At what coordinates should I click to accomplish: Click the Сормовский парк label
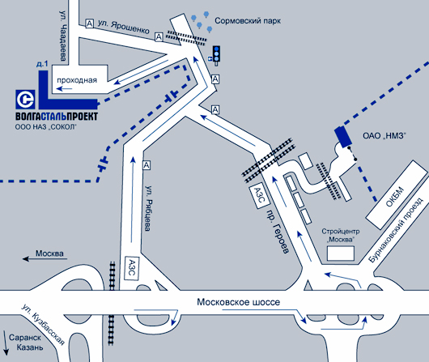click(248, 21)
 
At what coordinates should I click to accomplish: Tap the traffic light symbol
click(216, 55)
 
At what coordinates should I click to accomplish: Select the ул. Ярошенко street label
click(124, 27)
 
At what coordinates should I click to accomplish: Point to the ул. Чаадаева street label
click(63, 36)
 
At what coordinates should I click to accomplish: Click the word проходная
click(77, 80)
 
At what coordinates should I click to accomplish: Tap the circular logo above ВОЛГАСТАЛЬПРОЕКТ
click(25, 100)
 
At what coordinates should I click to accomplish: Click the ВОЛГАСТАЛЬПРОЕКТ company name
click(57, 117)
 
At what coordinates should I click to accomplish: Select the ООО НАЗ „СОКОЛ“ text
click(45, 127)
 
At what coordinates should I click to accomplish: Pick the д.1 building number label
click(42, 64)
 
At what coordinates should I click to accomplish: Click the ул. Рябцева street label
click(149, 208)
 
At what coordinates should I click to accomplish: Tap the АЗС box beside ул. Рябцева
click(132, 268)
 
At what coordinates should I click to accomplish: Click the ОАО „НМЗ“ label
click(384, 135)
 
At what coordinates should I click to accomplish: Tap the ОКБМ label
click(394, 197)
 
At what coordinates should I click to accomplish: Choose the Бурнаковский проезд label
click(396, 230)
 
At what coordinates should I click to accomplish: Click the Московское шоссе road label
click(239, 302)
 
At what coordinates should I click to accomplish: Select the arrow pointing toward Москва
click(45, 259)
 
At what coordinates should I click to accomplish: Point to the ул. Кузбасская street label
click(43, 325)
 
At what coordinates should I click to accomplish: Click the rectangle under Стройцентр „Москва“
click(341, 253)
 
